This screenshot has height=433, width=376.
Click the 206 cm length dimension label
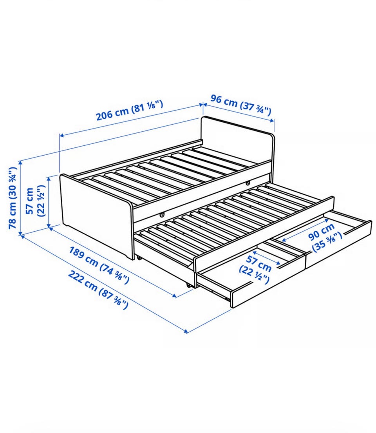129,110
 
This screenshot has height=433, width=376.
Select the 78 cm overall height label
13,198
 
